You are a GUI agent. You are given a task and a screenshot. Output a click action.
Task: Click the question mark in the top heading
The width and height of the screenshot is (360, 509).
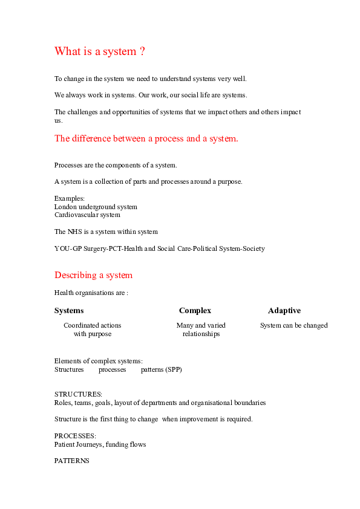(x=142, y=51)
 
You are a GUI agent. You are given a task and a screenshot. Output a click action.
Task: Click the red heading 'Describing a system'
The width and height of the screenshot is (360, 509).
(x=94, y=275)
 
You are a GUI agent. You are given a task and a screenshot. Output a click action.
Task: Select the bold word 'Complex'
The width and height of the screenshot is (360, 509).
(x=195, y=311)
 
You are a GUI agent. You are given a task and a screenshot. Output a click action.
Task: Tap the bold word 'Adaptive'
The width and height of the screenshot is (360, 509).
(x=284, y=311)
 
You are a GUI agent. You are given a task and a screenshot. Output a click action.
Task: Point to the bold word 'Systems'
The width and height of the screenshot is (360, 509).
(x=69, y=311)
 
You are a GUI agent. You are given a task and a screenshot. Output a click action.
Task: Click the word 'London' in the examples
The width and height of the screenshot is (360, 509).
(x=65, y=207)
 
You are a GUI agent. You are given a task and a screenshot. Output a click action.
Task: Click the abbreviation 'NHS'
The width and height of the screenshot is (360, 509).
(x=75, y=232)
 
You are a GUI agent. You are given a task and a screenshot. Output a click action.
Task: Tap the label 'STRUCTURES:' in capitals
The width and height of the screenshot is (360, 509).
(x=78, y=394)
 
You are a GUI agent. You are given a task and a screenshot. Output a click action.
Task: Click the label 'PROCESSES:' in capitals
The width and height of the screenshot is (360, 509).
(x=75, y=436)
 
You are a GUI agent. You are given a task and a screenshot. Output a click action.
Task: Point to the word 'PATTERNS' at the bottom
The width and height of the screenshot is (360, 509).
(x=72, y=461)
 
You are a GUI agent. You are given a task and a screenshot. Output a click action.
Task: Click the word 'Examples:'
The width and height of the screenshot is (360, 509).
(x=69, y=198)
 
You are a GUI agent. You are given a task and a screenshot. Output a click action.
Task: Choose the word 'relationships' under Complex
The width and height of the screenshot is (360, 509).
(x=201, y=334)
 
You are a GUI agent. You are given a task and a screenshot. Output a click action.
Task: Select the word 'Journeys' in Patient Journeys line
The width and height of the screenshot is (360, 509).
(x=90, y=445)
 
